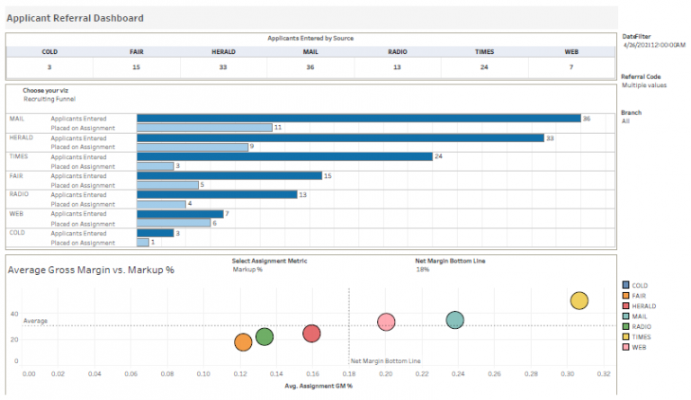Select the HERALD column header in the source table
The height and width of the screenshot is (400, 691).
click(x=223, y=52)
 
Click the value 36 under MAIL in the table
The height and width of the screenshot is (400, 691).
click(x=310, y=67)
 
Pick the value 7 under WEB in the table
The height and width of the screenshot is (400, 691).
click(x=570, y=67)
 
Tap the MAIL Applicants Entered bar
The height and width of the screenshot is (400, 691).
click(x=358, y=118)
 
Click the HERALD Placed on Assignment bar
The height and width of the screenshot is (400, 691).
click(x=192, y=147)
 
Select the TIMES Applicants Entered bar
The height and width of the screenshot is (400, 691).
click(x=284, y=156)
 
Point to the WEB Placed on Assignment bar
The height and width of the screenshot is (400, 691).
click(x=174, y=223)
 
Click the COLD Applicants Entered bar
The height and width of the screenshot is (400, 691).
click(x=155, y=233)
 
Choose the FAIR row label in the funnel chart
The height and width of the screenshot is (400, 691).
click(x=17, y=175)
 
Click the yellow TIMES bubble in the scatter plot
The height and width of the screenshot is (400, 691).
click(x=579, y=301)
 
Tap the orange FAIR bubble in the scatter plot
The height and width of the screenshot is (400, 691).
click(x=243, y=342)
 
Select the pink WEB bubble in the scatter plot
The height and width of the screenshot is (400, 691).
click(x=386, y=322)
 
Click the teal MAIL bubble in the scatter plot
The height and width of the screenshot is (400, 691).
click(x=455, y=320)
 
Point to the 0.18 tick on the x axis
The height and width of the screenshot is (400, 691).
click(x=349, y=372)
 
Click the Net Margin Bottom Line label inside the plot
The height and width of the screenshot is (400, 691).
click(x=385, y=360)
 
